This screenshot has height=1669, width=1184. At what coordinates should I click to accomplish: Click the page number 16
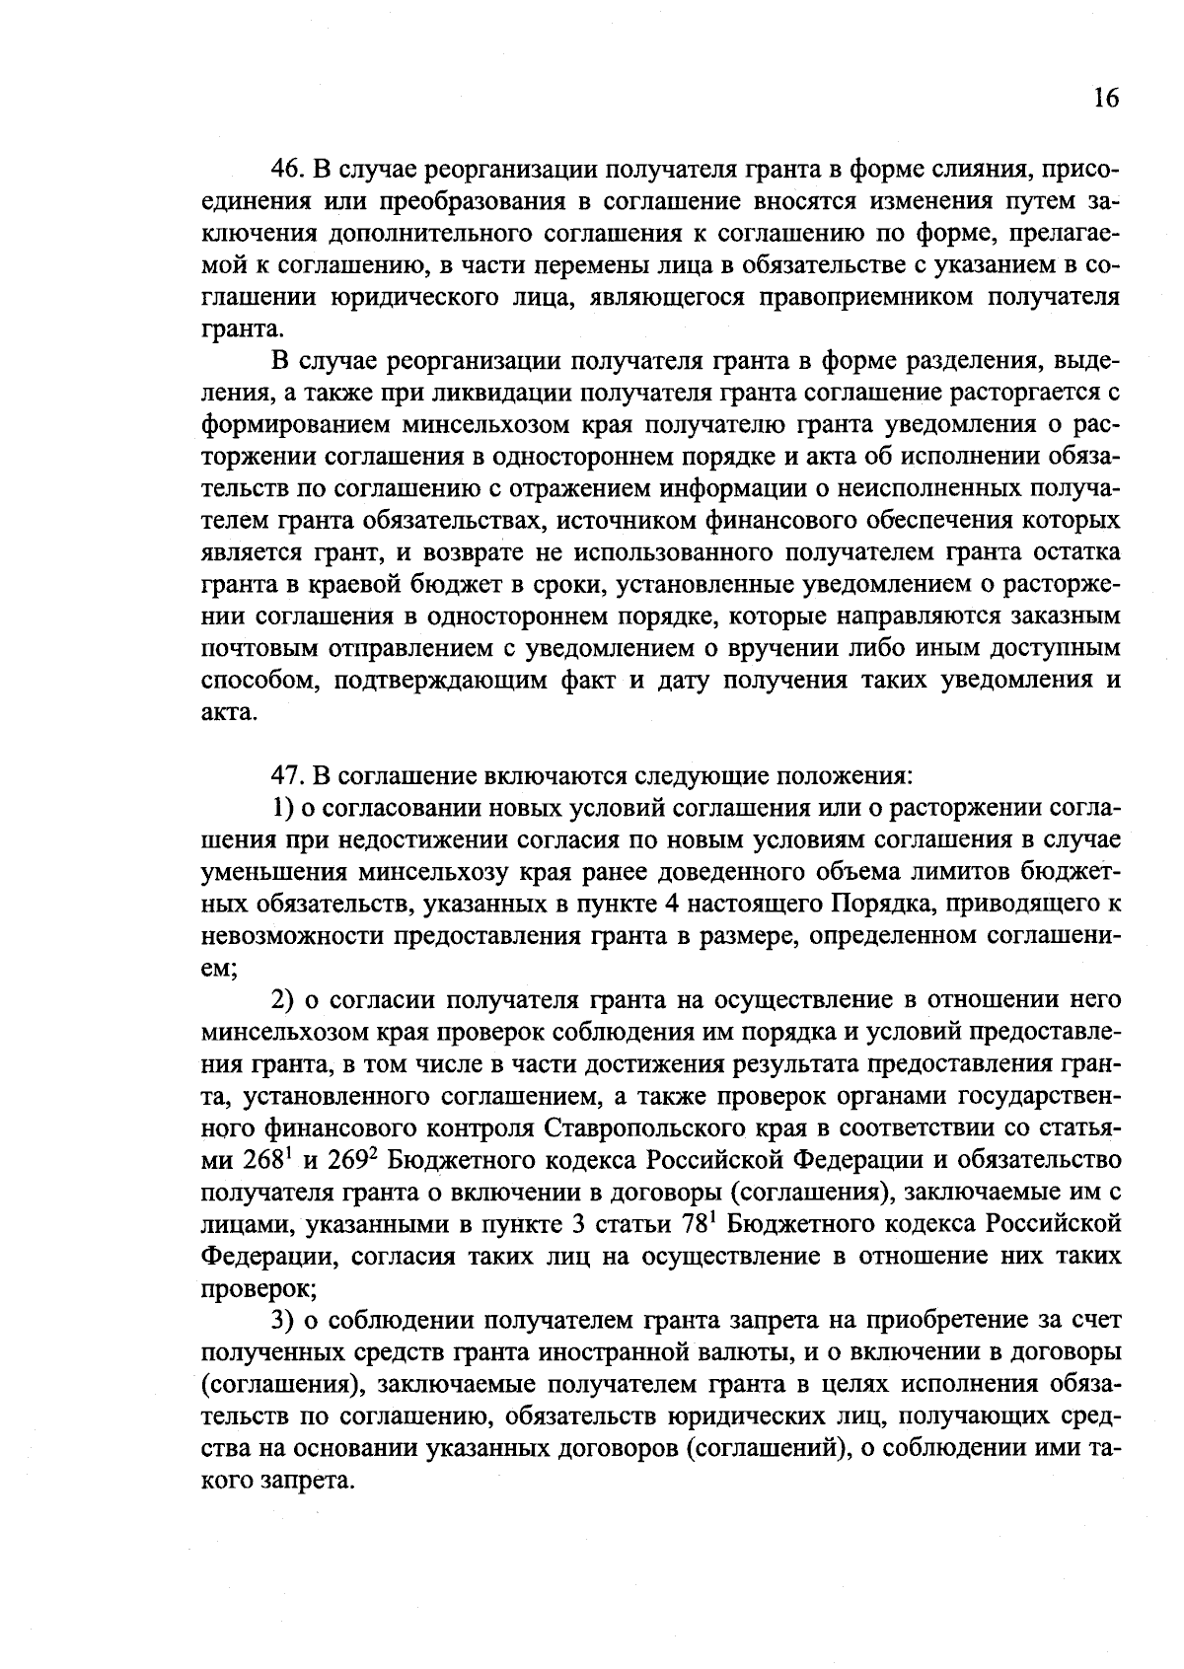tap(1106, 99)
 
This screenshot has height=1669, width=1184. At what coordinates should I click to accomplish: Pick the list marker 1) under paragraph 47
tap(284, 808)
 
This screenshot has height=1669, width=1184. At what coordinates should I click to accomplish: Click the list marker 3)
tap(284, 1320)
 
